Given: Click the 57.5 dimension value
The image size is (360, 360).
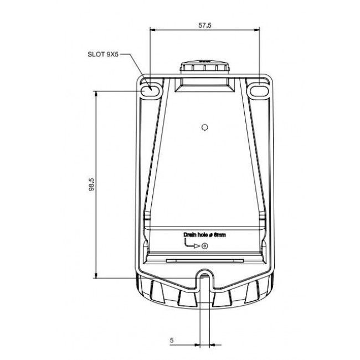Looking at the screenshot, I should [205, 25].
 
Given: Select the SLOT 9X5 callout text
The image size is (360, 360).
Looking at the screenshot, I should [103, 55].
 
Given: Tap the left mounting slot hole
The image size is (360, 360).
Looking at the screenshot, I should [149, 90].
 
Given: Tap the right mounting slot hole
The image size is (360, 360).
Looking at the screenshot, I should [259, 90].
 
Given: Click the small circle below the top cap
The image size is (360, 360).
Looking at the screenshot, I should [204, 127].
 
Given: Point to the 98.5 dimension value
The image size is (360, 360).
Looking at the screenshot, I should [91, 185].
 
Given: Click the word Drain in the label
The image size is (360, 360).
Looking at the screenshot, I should [191, 235].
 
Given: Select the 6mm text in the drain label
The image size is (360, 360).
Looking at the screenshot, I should [219, 235].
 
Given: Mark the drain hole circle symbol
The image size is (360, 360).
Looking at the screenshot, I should [205, 246].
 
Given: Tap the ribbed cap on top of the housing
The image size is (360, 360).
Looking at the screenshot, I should [204, 68].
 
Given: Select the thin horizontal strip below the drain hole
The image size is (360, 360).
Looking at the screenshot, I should [204, 259].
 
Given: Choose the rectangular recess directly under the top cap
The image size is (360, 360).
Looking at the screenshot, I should [204, 85].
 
